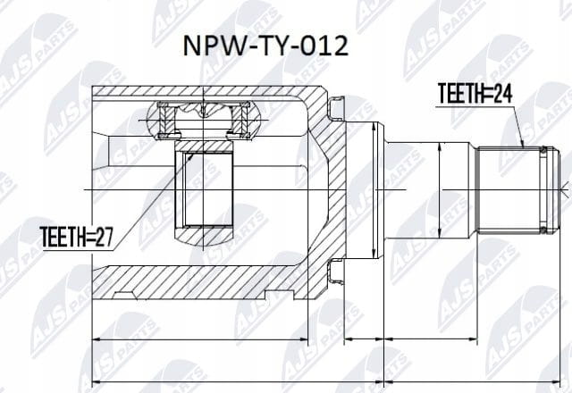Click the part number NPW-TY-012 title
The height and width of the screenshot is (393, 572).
265,46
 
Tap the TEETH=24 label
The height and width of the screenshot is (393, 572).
475,93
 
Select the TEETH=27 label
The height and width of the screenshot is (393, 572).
76,237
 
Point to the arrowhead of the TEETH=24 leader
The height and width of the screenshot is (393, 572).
522,145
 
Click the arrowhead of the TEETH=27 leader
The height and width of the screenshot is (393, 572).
190,155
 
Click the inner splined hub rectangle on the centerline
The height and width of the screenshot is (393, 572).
204,188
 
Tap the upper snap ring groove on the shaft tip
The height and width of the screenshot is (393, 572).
544,150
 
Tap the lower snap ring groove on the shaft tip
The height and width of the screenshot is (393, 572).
544,230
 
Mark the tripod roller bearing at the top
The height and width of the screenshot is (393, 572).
204,121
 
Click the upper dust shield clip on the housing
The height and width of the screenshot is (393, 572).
336,108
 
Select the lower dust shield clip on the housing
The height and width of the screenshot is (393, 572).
336,272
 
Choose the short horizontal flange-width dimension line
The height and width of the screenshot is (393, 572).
364,339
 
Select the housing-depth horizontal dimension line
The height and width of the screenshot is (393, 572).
200,339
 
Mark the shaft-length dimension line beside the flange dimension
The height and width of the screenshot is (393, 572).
431,339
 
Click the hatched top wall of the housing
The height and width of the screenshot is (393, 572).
205,91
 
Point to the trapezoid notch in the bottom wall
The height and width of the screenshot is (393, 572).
123,296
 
